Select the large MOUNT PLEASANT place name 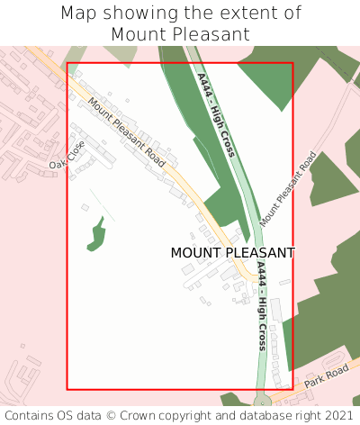click(232, 253)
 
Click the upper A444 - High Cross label click(216, 115)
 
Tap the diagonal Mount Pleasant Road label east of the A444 click(288, 188)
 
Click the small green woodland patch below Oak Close click(97, 236)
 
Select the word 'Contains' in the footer click(31, 415)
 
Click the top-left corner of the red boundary click(67, 63)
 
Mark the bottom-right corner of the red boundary click(292, 389)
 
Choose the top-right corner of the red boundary click(292, 63)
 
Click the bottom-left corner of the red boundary click(67, 389)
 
